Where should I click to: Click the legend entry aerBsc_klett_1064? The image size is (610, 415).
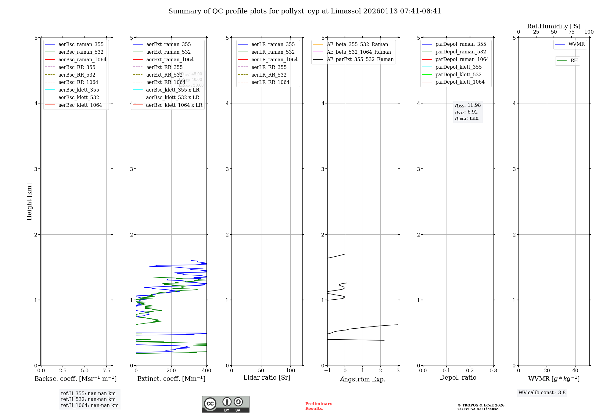coord(80,105)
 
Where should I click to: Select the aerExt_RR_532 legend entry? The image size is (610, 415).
coord(164,75)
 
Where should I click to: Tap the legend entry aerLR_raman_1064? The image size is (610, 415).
coord(274,60)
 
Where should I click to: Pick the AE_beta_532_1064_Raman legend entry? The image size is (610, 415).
coord(359,52)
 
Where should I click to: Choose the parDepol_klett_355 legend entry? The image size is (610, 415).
coord(458,67)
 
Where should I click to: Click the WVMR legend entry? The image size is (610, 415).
coord(576,44)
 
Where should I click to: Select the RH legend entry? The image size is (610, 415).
coord(574,61)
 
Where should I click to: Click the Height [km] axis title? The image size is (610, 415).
coord(29,201)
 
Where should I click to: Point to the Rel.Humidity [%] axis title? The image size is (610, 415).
coord(554,26)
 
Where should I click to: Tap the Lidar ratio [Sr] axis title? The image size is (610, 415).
coord(267,377)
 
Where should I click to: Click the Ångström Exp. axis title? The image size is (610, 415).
coord(363,379)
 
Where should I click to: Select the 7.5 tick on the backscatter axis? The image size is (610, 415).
coord(106,370)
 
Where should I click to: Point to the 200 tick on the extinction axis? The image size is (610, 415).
coord(171,370)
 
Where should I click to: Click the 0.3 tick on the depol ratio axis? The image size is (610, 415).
coord(493,370)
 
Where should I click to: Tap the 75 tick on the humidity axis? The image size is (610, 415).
coord(571,32)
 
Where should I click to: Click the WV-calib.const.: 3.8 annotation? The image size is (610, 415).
coord(542,392)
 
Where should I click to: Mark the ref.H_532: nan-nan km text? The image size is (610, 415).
coord(88,399)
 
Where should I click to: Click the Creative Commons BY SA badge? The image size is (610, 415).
coord(225,404)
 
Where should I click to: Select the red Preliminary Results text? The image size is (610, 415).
coord(318,406)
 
